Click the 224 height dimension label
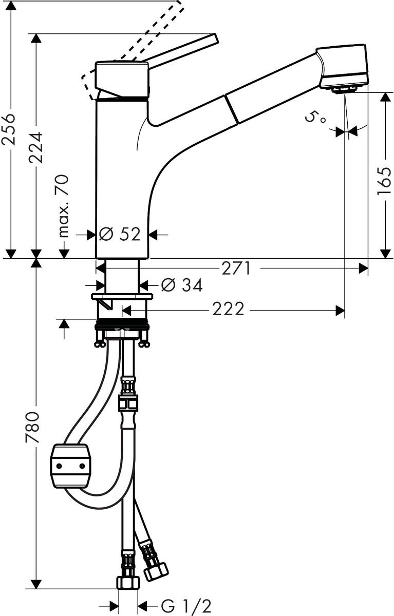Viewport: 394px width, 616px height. tap(36, 147)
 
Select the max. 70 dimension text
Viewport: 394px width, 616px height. tap(63, 205)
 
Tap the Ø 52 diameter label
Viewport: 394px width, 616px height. tap(120, 235)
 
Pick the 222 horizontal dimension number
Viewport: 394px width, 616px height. tap(228, 310)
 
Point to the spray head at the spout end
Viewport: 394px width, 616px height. tap(343, 67)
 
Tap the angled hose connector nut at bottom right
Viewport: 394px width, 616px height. tap(156, 570)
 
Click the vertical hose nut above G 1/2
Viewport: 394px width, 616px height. tap(128, 582)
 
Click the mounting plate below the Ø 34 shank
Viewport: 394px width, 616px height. tap(122, 297)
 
